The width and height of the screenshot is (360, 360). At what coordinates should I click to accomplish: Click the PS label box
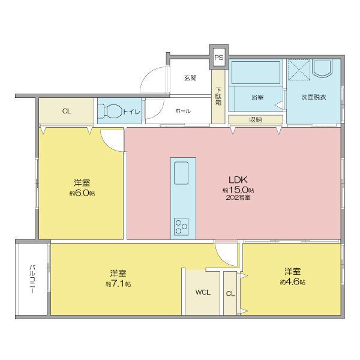pos(218,58)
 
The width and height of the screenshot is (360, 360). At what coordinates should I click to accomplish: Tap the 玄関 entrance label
pos(190,78)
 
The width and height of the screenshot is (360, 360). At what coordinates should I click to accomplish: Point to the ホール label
pos(183,111)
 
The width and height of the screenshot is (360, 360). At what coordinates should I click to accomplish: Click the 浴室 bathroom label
pos(257,95)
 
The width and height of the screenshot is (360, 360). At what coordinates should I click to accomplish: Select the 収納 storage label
pos(256,119)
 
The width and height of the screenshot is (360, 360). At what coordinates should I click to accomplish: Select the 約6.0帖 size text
pos(82,193)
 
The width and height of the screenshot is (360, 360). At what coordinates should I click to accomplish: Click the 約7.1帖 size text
pos(118,283)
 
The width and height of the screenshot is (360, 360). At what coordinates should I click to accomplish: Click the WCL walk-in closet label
pos(202,293)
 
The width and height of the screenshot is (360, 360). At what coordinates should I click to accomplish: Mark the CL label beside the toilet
pos(66,110)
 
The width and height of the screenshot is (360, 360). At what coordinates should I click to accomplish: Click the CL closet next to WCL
pos(230,293)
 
